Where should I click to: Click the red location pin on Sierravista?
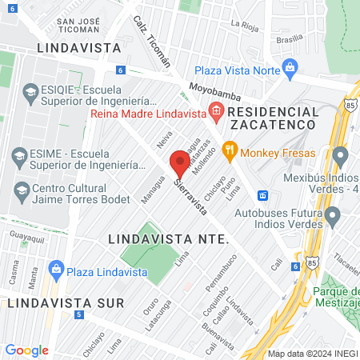(180, 164)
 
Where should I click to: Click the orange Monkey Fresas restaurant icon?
(230, 148)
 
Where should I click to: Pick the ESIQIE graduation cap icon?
(30, 93)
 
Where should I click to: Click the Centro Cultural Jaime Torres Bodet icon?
(22, 189)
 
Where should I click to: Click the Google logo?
(26, 350)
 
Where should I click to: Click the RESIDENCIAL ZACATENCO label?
(274, 118)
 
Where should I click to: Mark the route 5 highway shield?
(78, 315)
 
